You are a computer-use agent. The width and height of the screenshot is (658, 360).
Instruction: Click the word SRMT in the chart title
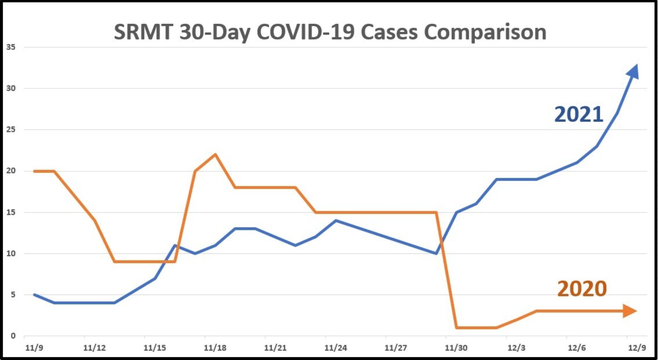[143, 32]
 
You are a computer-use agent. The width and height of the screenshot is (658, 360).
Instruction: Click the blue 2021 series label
[578, 114]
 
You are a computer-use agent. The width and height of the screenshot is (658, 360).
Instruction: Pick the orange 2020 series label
[582, 288]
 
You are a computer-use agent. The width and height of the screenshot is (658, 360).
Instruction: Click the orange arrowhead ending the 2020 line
[630, 311]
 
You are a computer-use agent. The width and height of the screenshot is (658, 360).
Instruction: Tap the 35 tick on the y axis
[11, 47]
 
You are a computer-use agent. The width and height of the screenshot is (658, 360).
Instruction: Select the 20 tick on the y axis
[11, 171]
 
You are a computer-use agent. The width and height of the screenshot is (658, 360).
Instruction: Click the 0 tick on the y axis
[13, 336]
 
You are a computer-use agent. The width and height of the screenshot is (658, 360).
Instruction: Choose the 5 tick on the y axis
[13, 295]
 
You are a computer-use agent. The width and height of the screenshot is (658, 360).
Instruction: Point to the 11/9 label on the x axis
[34, 348]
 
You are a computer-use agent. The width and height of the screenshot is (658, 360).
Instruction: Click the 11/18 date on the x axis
[215, 348]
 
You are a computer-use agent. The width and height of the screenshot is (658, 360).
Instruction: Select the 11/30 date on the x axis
[456, 348]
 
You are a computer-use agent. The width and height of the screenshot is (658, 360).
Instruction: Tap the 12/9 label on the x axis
[637, 348]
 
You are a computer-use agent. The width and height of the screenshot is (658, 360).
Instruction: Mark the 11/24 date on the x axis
[336, 348]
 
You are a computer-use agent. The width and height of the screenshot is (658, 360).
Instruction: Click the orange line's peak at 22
[215, 154]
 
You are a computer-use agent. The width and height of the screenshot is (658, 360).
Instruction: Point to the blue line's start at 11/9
[34, 295]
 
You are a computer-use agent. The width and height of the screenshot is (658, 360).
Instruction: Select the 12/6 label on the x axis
[576, 348]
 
